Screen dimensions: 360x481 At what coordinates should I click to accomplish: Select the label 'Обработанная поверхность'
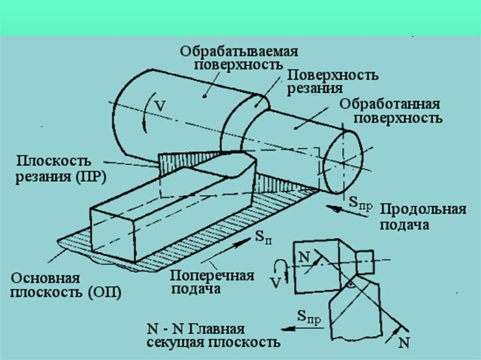click(390, 110)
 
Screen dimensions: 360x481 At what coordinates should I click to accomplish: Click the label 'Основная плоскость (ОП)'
click(66, 286)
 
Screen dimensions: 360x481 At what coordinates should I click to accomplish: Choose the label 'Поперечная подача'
click(212, 282)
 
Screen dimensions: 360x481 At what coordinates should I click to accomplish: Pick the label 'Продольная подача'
click(422, 216)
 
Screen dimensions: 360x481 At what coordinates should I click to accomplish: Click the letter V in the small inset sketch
click(276, 283)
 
